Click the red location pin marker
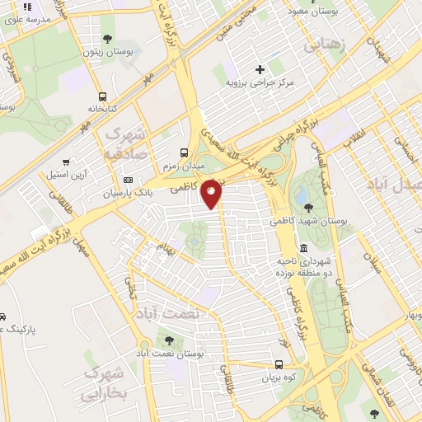[212, 193]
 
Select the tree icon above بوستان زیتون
[107, 38]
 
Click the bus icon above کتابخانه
[102, 96]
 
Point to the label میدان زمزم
[185, 166]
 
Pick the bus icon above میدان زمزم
[185, 152]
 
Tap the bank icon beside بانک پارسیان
[128, 180]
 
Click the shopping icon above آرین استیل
[65, 162]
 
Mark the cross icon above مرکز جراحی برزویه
[260, 69]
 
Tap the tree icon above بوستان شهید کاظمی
[308, 207]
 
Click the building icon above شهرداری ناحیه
[304, 248]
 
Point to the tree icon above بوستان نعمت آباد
[170, 339]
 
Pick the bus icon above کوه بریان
[279, 365]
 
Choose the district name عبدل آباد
[396, 183]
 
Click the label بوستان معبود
[309, 12]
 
